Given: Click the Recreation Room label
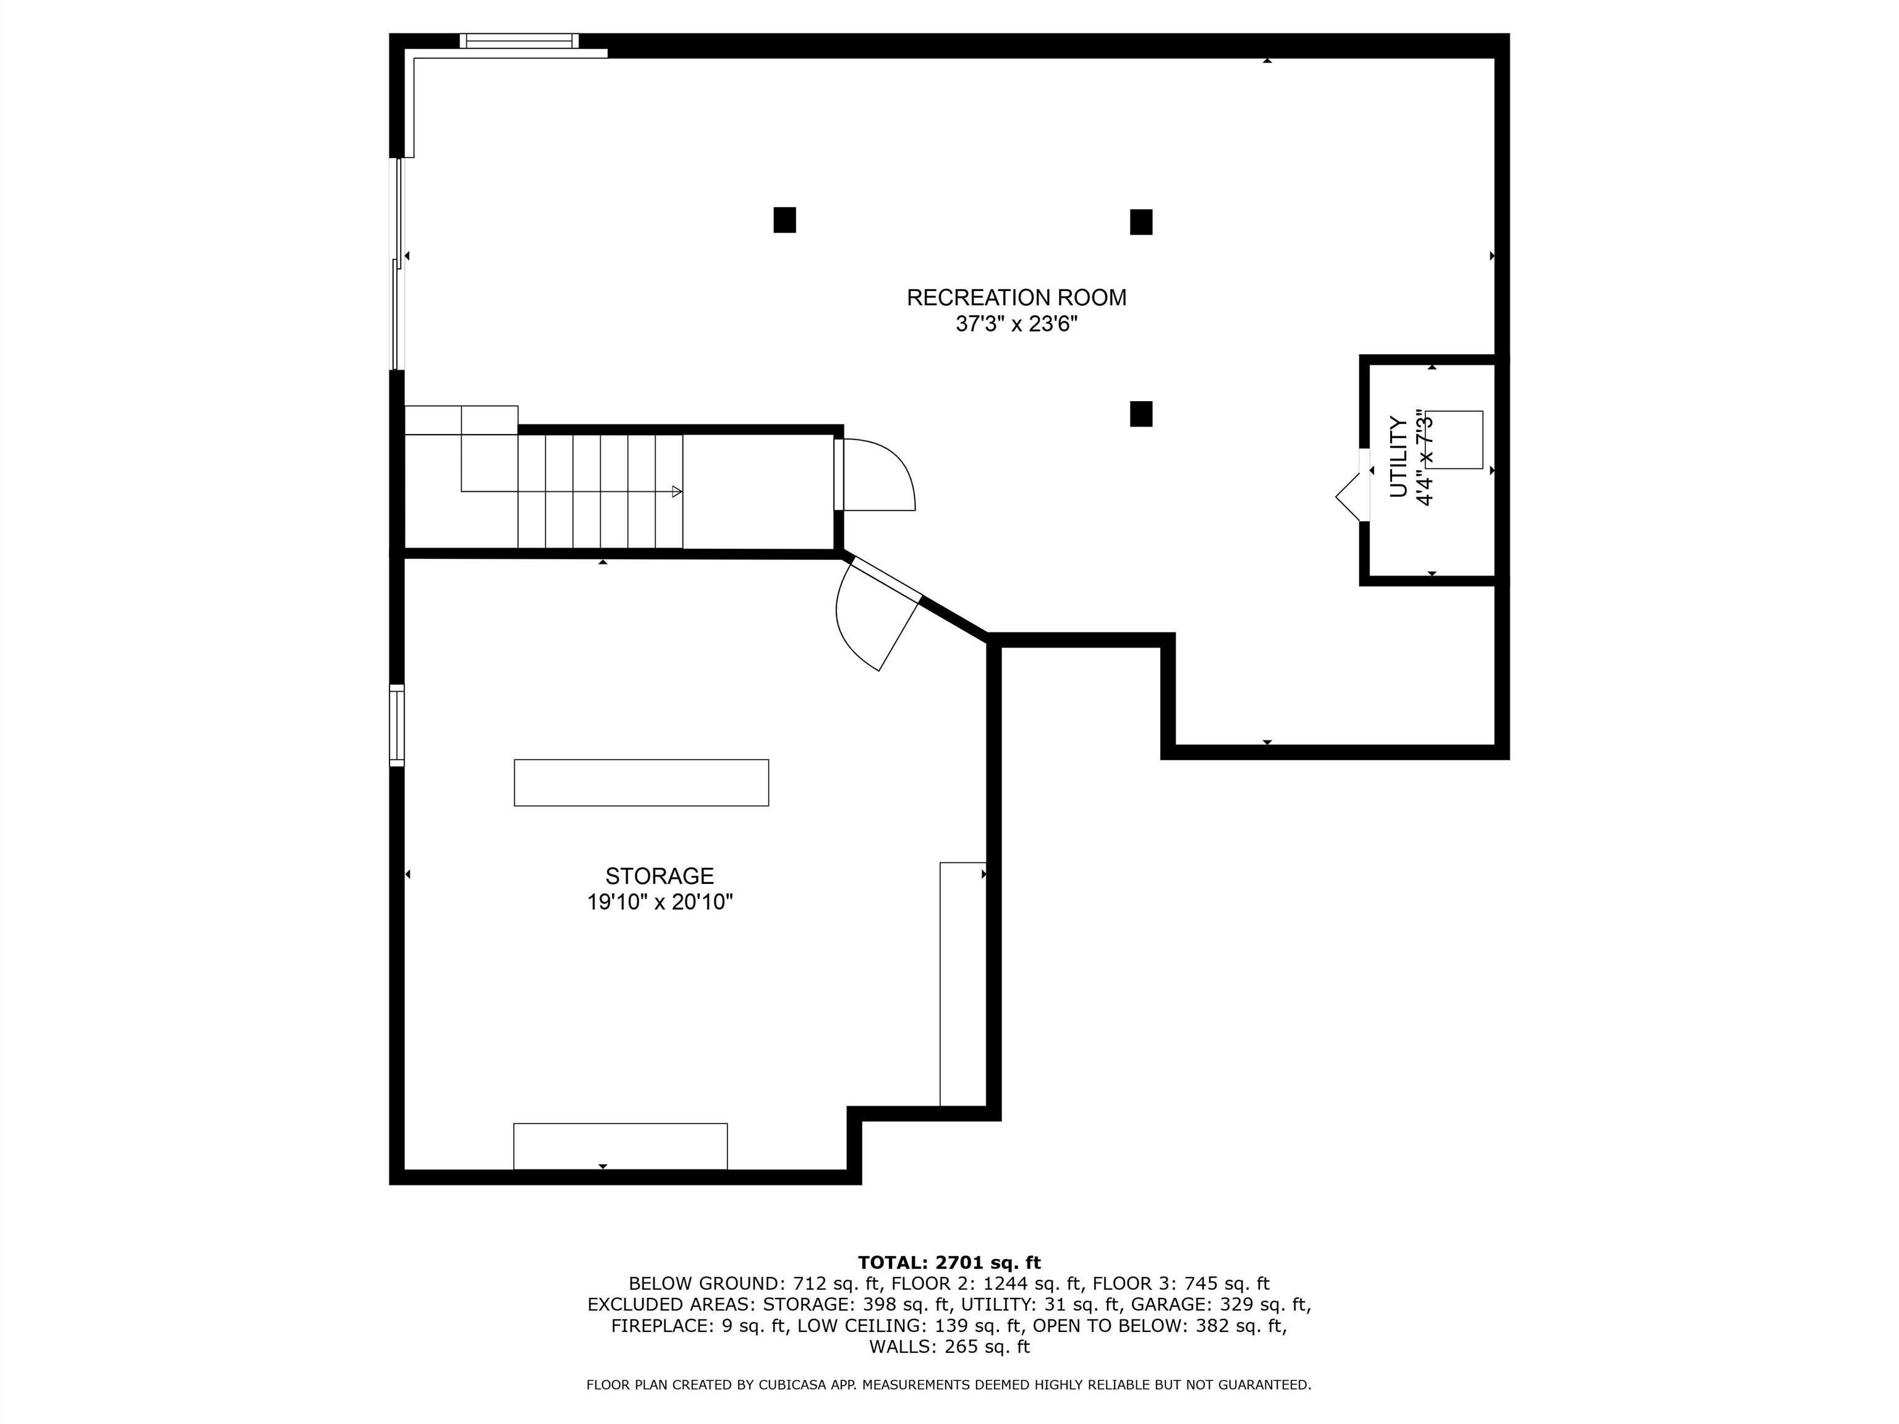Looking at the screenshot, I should tap(1016, 298).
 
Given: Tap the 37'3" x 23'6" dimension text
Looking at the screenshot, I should tap(1016, 324).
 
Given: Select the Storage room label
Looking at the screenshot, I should tap(660, 876).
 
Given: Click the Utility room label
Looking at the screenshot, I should tap(1398, 457).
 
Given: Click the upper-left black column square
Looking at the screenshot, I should tap(784, 220).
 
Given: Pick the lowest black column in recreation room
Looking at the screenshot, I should tap(1141, 413).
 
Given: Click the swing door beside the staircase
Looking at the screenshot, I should tap(876, 477).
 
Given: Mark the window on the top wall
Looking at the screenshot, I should tap(519, 40).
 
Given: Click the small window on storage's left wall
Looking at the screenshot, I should tap(397, 726).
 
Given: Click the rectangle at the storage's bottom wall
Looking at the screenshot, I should tap(621, 1146).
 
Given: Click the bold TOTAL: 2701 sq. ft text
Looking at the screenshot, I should tap(949, 1263).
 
